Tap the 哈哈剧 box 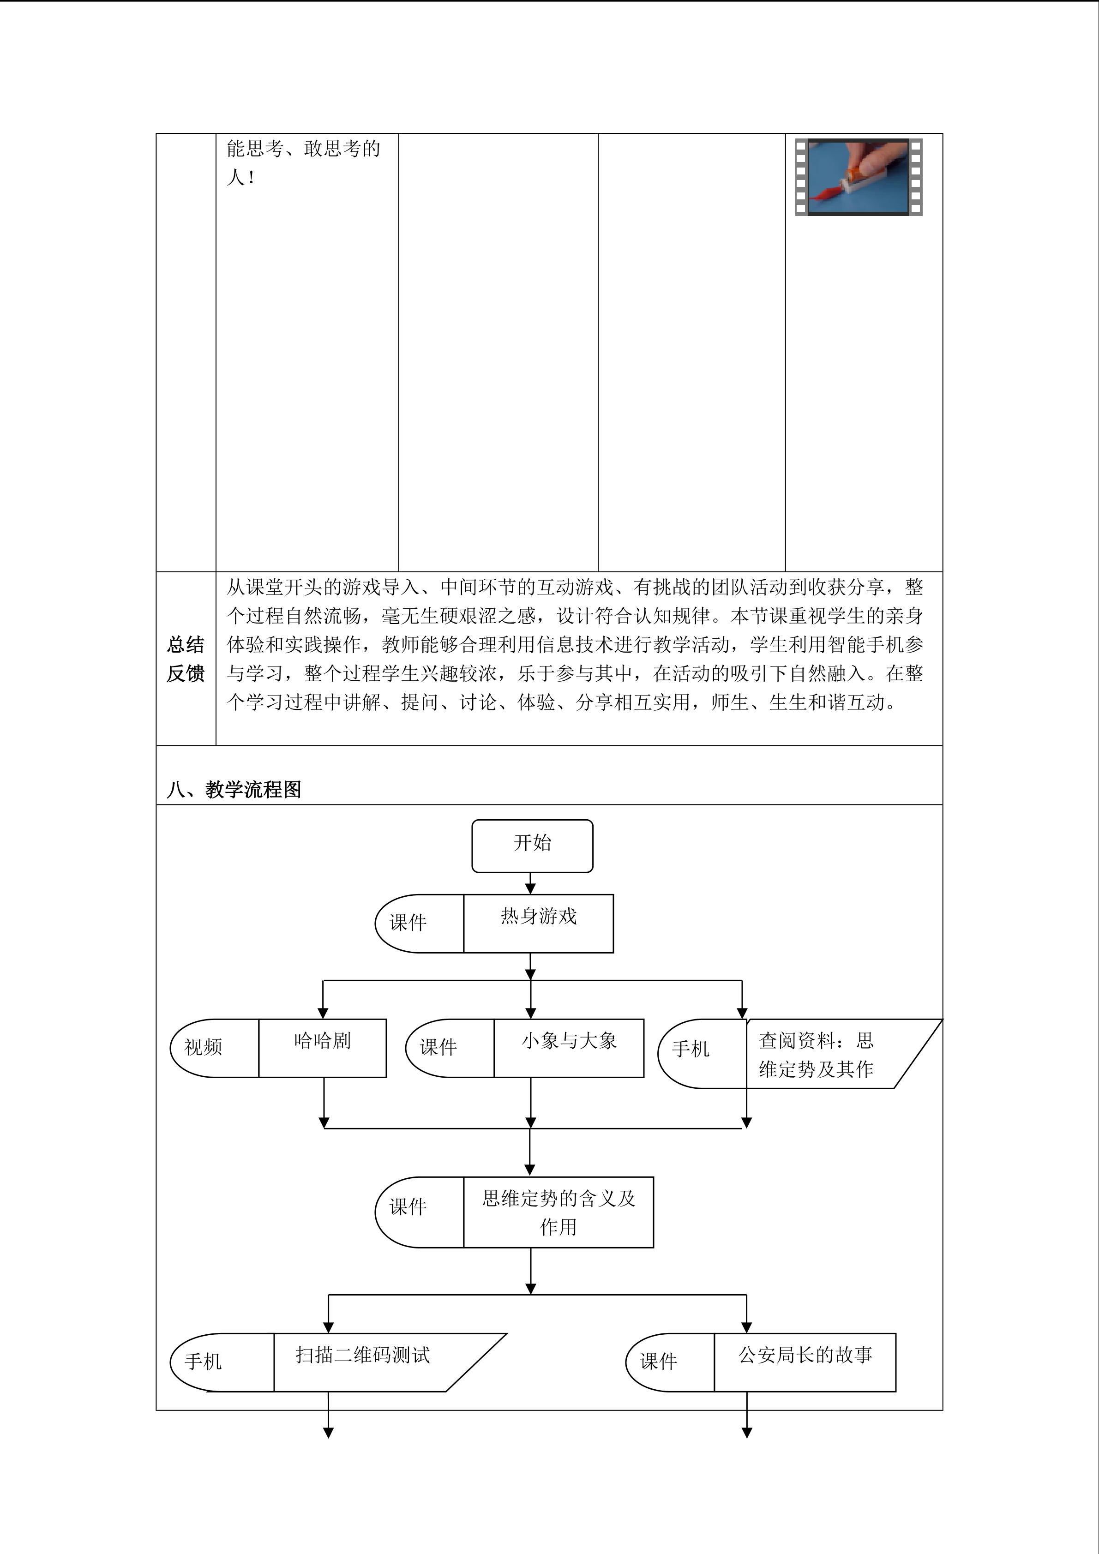point(322,1048)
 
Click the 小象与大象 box point(569,1048)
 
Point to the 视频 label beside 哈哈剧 point(203,1047)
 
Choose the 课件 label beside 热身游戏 point(408,923)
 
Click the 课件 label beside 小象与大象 point(438,1047)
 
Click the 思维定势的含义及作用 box point(559,1212)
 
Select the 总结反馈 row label point(186,659)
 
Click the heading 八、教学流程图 point(234,789)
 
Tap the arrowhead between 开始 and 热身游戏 point(530,888)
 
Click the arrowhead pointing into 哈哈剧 point(324,1013)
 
